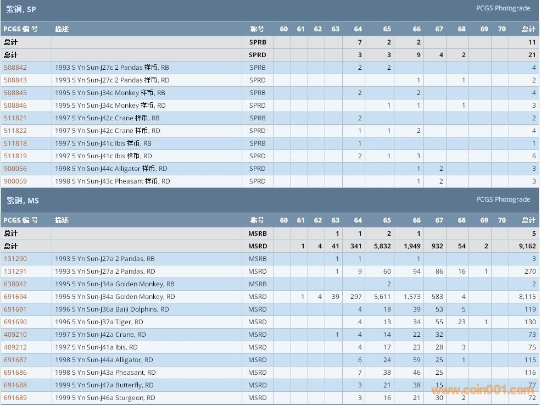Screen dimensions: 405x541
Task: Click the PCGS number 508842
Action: [15, 68]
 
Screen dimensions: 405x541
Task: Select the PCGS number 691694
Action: [15, 297]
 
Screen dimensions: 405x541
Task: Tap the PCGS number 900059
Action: [15, 181]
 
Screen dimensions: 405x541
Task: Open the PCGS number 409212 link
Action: [15, 347]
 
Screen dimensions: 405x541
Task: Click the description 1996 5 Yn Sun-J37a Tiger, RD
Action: [99, 322]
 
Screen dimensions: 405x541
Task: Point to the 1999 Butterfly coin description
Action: [104, 385]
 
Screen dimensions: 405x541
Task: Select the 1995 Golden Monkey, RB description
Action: [115, 284]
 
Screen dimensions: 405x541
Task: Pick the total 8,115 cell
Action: [527, 297]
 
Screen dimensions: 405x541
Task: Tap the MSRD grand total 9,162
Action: [527, 246]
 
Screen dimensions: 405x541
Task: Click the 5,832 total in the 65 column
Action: [382, 246]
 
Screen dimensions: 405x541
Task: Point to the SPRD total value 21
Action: [531, 55]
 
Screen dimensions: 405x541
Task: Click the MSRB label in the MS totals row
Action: [257, 234]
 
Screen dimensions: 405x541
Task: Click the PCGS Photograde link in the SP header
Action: [503, 8]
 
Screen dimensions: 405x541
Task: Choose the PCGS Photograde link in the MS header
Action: [503, 199]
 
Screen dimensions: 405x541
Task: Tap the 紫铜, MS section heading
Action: [23, 201]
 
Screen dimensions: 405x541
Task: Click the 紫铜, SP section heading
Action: [21, 9]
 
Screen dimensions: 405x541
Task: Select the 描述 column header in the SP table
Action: [62, 29]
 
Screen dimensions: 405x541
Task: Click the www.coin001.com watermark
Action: [483, 391]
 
